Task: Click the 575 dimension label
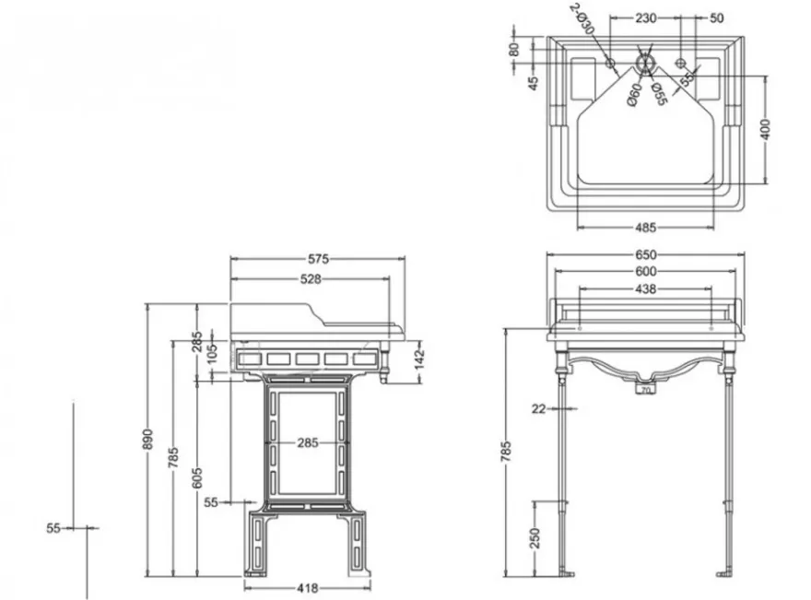coord(318,259)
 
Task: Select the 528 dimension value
coord(311,279)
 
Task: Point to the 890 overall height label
coord(148,439)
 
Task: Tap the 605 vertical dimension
coord(197,477)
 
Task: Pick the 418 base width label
coord(308,588)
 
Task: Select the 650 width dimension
coord(645,254)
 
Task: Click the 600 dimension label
coord(645,271)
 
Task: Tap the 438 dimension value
coord(645,288)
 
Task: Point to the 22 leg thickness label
coord(538,409)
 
